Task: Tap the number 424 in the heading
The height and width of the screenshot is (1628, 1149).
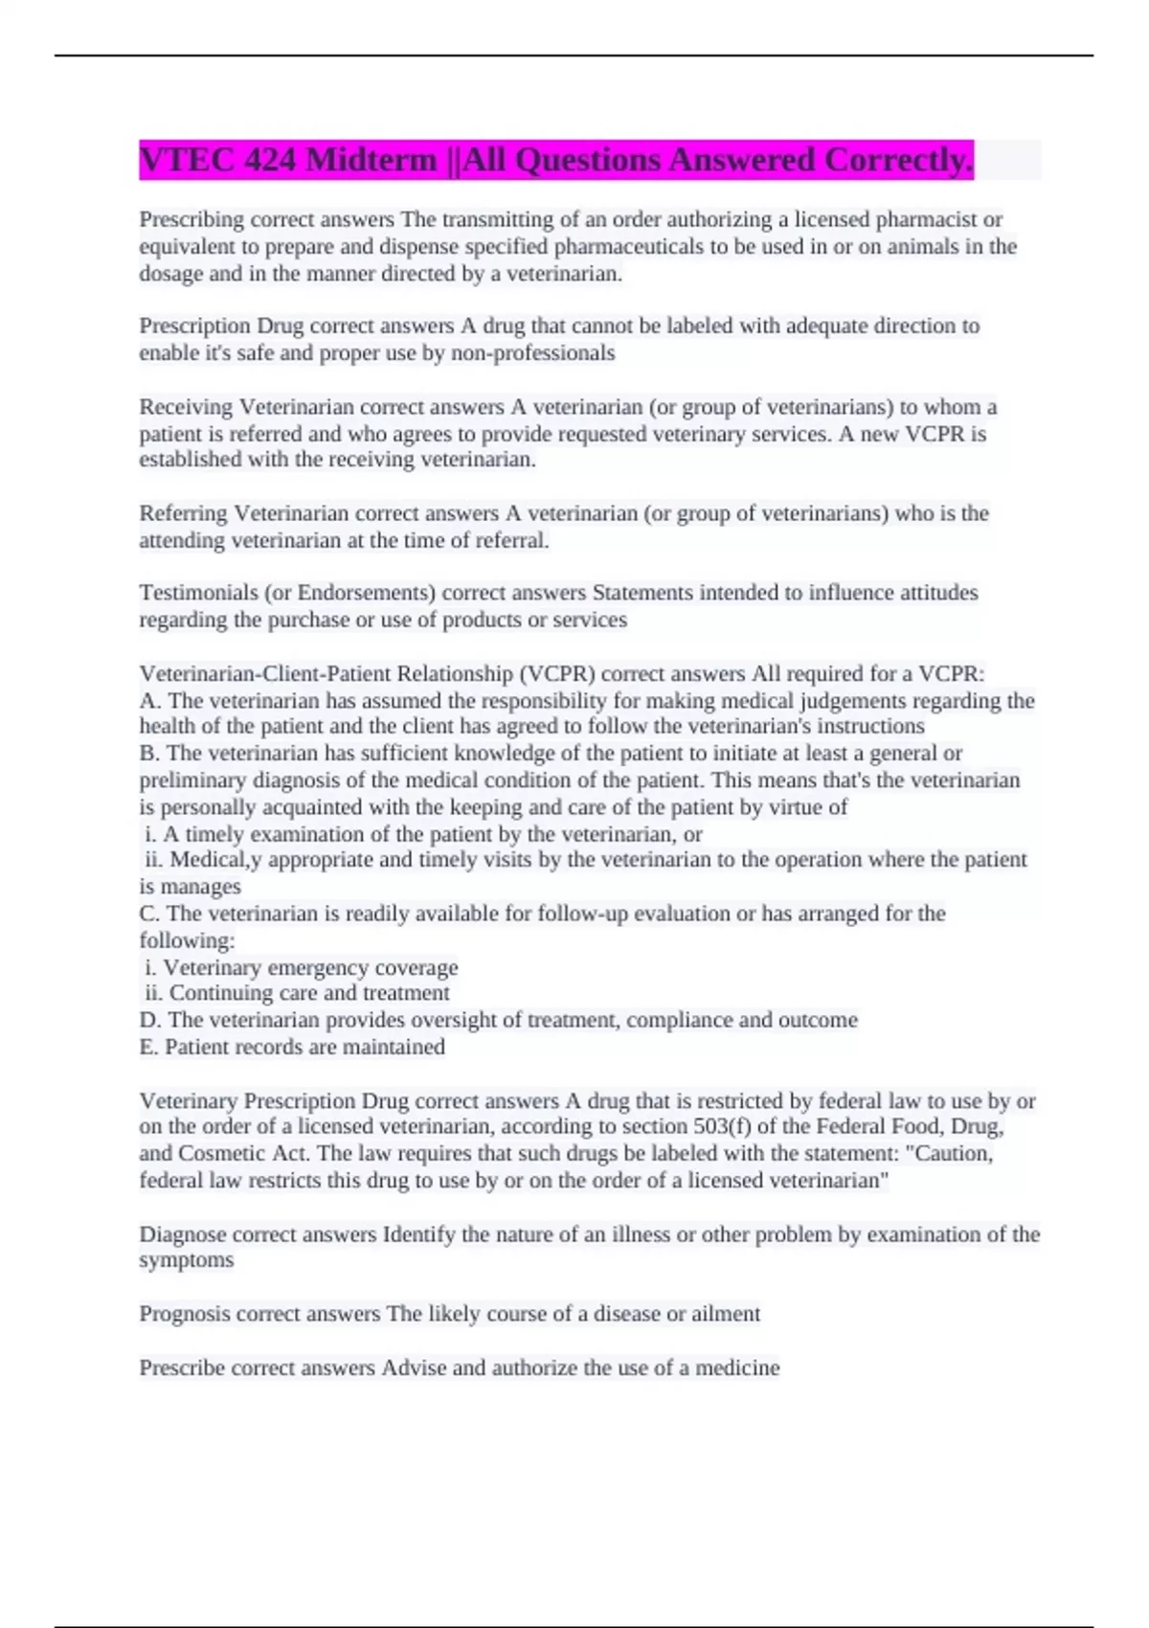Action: [269, 160]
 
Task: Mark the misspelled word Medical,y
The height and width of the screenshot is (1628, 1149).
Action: [216, 860]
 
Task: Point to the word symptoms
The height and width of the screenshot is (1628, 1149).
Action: [186, 1260]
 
